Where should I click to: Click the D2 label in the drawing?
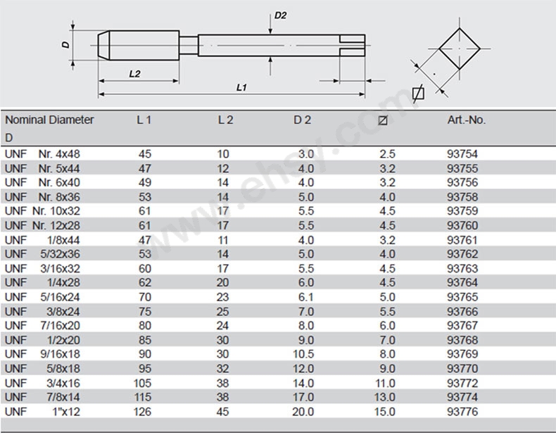point(281,15)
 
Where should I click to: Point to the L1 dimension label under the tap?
point(241,87)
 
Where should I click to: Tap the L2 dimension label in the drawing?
point(134,74)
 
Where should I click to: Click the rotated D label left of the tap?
point(65,44)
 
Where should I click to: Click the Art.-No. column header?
point(467,120)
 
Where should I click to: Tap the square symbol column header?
point(383,120)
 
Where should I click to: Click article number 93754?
point(462,154)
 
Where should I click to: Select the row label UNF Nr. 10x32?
point(42,211)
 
